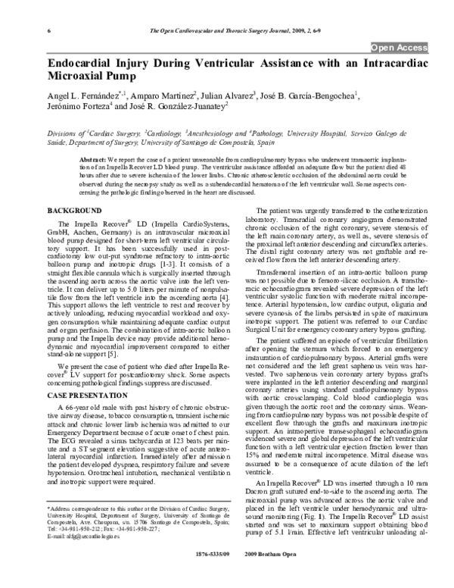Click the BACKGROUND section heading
tap(75, 187)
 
